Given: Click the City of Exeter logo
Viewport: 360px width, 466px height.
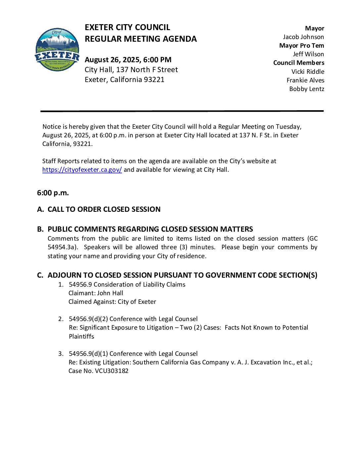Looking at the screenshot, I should pyautogui.click(x=57, y=50).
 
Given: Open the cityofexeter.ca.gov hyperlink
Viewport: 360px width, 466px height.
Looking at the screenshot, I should pyautogui.click(x=82, y=170).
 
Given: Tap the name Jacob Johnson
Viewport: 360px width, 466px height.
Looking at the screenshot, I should pyautogui.click(x=303, y=37).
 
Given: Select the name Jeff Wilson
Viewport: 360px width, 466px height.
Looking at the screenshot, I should pyautogui.click(x=308, y=54).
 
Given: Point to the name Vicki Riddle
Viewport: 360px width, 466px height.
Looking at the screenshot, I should pyautogui.click(x=308, y=72).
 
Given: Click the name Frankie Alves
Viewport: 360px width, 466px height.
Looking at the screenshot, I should pyautogui.click(x=305, y=80).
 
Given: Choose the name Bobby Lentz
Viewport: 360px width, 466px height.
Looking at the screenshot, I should pyautogui.click(x=307, y=89).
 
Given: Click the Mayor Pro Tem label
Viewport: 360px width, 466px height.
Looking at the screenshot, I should pyautogui.click(x=301, y=46).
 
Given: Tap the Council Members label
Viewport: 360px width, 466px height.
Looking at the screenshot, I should pyautogui.click(x=298, y=63).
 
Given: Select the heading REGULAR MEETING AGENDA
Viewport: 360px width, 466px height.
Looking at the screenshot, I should pyautogui.click(x=141, y=39).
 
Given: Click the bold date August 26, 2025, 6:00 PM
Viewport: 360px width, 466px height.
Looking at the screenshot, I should pyautogui.click(x=128, y=60).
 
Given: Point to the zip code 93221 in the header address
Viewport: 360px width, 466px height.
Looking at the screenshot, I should pyautogui.click(x=154, y=80).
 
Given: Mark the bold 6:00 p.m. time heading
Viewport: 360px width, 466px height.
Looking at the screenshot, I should pyautogui.click(x=53, y=193).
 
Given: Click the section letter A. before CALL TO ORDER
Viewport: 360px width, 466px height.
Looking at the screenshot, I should pyautogui.click(x=40, y=210).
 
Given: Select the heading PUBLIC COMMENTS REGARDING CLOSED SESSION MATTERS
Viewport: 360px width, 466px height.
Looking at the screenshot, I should pyautogui.click(x=150, y=229).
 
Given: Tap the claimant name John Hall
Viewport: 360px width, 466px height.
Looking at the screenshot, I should pyautogui.click(x=110, y=293).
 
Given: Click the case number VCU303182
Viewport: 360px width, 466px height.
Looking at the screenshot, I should pyautogui.click(x=112, y=371).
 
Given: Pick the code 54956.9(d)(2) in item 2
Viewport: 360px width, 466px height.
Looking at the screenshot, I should pyautogui.click(x=88, y=319).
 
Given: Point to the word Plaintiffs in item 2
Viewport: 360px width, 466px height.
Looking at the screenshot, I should pyautogui.click(x=81, y=337).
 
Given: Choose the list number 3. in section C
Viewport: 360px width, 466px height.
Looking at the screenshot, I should pyautogui.click(x=61, y=354).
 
